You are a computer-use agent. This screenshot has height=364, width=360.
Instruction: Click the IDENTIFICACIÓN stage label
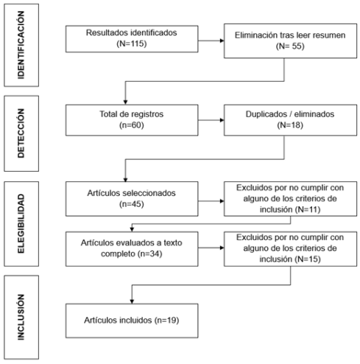point(21,45)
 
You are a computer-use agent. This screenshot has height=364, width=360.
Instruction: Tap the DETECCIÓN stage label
point(21,133)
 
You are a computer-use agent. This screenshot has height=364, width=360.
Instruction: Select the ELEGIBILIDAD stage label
point(21,224)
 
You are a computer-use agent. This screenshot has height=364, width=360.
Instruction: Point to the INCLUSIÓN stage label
point(21,317)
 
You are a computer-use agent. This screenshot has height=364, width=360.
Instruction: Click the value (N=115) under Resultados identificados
point(132,43)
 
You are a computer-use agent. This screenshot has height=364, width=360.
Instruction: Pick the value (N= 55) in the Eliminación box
point(290,46)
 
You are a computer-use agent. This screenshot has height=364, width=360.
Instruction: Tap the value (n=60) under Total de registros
point(132,125)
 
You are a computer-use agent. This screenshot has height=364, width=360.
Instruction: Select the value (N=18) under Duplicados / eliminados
point(290,125)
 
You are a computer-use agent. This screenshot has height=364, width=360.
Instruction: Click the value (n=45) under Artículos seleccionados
point(132,204)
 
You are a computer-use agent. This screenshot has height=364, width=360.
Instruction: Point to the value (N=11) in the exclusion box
point(308,209)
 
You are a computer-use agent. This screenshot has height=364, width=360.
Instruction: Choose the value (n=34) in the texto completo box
point(150,253)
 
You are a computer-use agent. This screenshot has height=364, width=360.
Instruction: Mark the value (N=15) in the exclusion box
point(308,259)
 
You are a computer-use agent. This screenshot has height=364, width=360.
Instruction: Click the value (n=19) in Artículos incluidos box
point(166,321)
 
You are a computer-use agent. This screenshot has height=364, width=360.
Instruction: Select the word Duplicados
point(267,114)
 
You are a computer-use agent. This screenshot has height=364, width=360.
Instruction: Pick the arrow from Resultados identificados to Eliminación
point(211,41)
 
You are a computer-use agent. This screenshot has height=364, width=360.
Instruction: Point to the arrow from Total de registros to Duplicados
point(211,120)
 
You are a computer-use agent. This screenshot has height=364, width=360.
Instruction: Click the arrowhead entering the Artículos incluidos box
point(132,301)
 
